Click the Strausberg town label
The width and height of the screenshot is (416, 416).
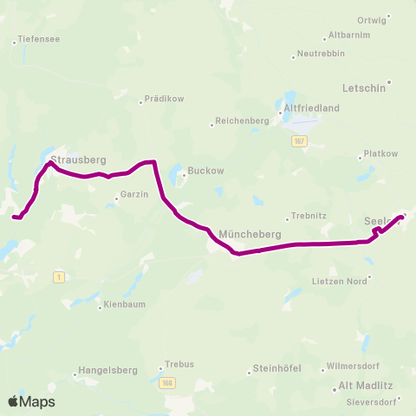[78, 160]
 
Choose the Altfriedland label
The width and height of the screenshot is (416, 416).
[312, 107]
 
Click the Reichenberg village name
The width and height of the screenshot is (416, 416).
[238, 121]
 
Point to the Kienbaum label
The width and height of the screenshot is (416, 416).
[123, 305]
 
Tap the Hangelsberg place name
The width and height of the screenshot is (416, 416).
[108, 370]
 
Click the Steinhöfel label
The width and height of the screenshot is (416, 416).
[276, 368]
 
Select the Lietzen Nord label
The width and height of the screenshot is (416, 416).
[340, 281]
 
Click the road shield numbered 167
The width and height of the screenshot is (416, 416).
[299, 141]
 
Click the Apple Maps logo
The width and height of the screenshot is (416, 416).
[31, 401]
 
